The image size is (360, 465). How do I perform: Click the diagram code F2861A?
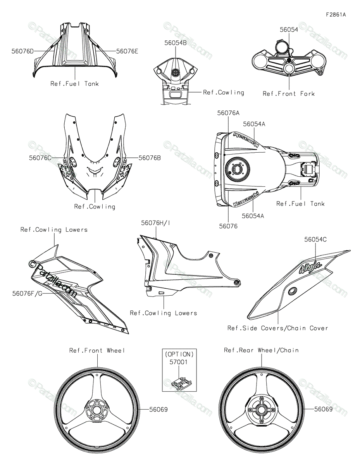click(x=336, y=15)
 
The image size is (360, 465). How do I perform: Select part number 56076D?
click(x=22, y=52)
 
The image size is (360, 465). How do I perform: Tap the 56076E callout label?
click(x=127, y=52)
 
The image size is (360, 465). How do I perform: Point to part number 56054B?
click(x=176, y=43)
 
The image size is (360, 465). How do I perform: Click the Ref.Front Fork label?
click(x=289, y=94)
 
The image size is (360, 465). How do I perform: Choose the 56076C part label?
click(x=40, y=158)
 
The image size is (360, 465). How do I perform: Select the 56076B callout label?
click(x=150, y=158)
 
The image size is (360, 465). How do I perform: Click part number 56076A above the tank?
click(x=228, y=113)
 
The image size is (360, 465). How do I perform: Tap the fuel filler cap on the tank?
click(x=237, y=169)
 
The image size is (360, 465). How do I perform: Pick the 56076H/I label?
click(x=155, y=223)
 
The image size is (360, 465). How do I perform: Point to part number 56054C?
click(x=315, y=239)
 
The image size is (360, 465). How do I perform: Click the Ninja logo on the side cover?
click(x=310, y=267)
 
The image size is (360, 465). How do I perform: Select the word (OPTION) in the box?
click(x=179, y=355)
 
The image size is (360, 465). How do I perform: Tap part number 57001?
click(x=178, y=362)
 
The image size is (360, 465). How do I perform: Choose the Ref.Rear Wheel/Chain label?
click(x=261, y=350)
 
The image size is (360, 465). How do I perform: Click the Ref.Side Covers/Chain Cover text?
click(x=277, y=328)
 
